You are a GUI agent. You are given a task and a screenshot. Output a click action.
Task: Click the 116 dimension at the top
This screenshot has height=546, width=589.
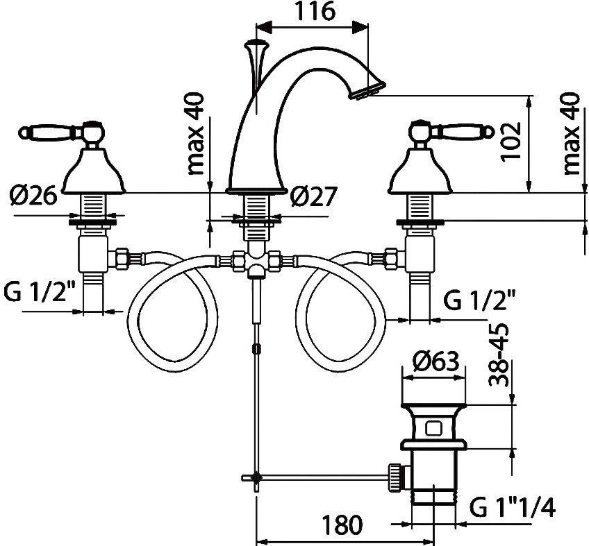(x=314, y=11)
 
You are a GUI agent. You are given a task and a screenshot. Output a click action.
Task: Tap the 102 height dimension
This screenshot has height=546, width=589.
(x=511, y=142)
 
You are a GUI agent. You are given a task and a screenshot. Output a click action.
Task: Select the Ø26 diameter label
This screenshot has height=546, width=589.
(x=34, y=195)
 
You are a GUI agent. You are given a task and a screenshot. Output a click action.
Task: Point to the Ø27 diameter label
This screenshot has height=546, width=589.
(x=313, y=196)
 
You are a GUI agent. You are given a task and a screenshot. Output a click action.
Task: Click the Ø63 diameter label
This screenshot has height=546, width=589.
(x=435, y=361)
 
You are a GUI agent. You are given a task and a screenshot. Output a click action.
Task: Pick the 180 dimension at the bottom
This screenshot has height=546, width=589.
(x=342, y=524)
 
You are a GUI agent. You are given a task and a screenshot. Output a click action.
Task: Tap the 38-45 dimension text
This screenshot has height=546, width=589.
(x=499, y=355)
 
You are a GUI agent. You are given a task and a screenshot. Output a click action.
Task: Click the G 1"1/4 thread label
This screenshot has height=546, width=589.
(x=513, y=509)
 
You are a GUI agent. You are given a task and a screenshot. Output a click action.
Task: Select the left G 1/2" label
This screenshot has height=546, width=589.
(x=40, y=291)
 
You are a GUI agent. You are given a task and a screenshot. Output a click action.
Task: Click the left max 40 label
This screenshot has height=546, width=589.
(x=195, y=134)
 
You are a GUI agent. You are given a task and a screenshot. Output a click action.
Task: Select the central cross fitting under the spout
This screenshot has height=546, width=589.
(x=256, y=259)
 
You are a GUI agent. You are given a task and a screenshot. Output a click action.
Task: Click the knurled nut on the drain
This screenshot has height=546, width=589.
(x=395, y=477)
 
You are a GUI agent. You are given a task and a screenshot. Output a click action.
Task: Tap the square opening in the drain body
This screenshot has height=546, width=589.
(x=434, y=428)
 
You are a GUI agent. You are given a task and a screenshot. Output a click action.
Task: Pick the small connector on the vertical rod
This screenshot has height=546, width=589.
(x=256, y=348)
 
